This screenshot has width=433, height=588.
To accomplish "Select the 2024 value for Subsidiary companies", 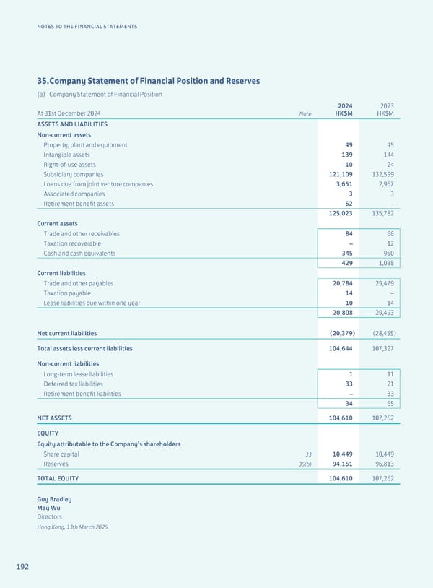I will (337, 174).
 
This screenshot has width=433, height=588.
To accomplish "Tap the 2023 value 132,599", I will (380, 174).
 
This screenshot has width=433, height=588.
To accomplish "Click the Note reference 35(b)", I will (305, 464).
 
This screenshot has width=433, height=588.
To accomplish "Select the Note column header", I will (305, 113).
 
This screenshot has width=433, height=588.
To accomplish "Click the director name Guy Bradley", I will (54, 499).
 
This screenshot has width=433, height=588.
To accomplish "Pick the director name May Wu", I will (48, 509).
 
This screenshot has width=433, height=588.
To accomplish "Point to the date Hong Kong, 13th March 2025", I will (71, 527).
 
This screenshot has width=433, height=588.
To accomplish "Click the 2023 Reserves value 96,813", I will (382, 464).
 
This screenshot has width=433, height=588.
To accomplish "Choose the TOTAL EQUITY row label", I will (58, 478).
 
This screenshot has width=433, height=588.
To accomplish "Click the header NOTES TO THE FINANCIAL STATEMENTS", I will (86, 27).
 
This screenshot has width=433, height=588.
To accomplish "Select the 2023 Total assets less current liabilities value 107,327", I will (380, 348).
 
